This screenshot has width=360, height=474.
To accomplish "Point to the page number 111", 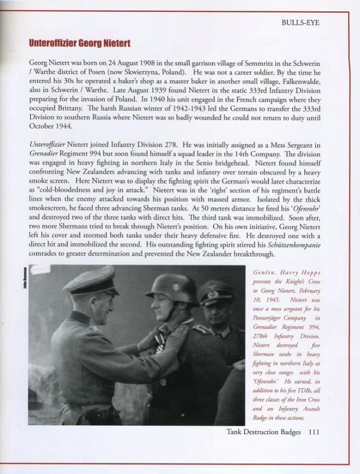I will tap(314, 432).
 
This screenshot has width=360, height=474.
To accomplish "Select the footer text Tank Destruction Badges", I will tap(264, 432).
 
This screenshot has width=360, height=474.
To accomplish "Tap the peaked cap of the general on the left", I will tap(91, 281).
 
